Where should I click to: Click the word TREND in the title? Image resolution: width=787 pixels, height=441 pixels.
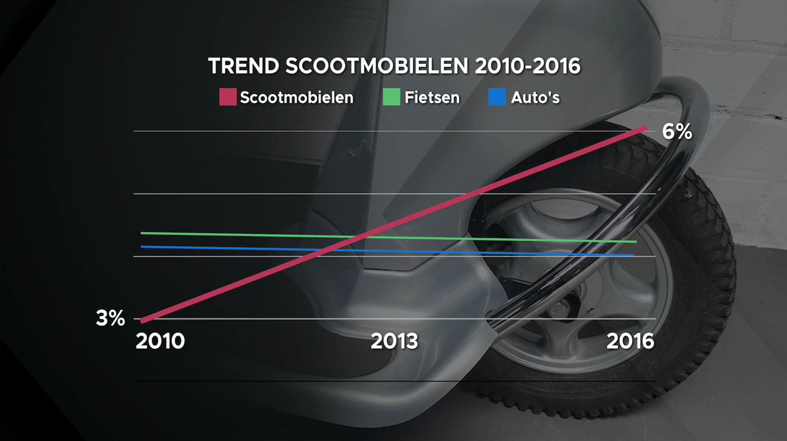coord(244,66)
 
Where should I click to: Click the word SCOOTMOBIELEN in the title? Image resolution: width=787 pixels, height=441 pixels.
coord(377,66)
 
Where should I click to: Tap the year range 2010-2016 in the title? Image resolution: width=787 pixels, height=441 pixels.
coord(528,66)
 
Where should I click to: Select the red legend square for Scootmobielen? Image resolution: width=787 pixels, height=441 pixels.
coord(228,97)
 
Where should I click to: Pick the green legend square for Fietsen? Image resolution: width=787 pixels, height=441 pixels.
coord(391,97)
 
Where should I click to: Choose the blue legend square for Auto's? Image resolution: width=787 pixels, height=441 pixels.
coord(497,97)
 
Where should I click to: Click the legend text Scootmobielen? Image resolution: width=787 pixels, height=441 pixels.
coord(296,98)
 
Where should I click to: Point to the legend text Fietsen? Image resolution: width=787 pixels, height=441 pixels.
coord(432,98)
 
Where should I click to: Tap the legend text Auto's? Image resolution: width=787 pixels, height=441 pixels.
coord(535,98)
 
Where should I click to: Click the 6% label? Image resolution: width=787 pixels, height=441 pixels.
coord(677,132)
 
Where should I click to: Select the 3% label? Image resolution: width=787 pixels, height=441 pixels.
coord(110,318)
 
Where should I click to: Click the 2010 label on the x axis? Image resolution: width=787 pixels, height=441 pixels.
coord(160,341)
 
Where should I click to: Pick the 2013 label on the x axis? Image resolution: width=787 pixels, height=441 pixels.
coord(394,341)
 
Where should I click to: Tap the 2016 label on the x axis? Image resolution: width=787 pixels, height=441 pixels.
coord(630,341)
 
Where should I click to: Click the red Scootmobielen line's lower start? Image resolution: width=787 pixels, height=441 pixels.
coord(143,321)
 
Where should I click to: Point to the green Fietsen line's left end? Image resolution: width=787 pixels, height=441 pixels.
coord(142,233)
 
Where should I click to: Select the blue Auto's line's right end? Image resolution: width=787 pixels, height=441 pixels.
coord(632,255)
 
